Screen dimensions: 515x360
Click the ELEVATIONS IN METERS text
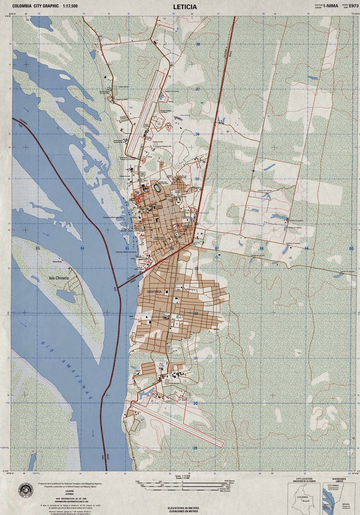[x=183, y=507]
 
